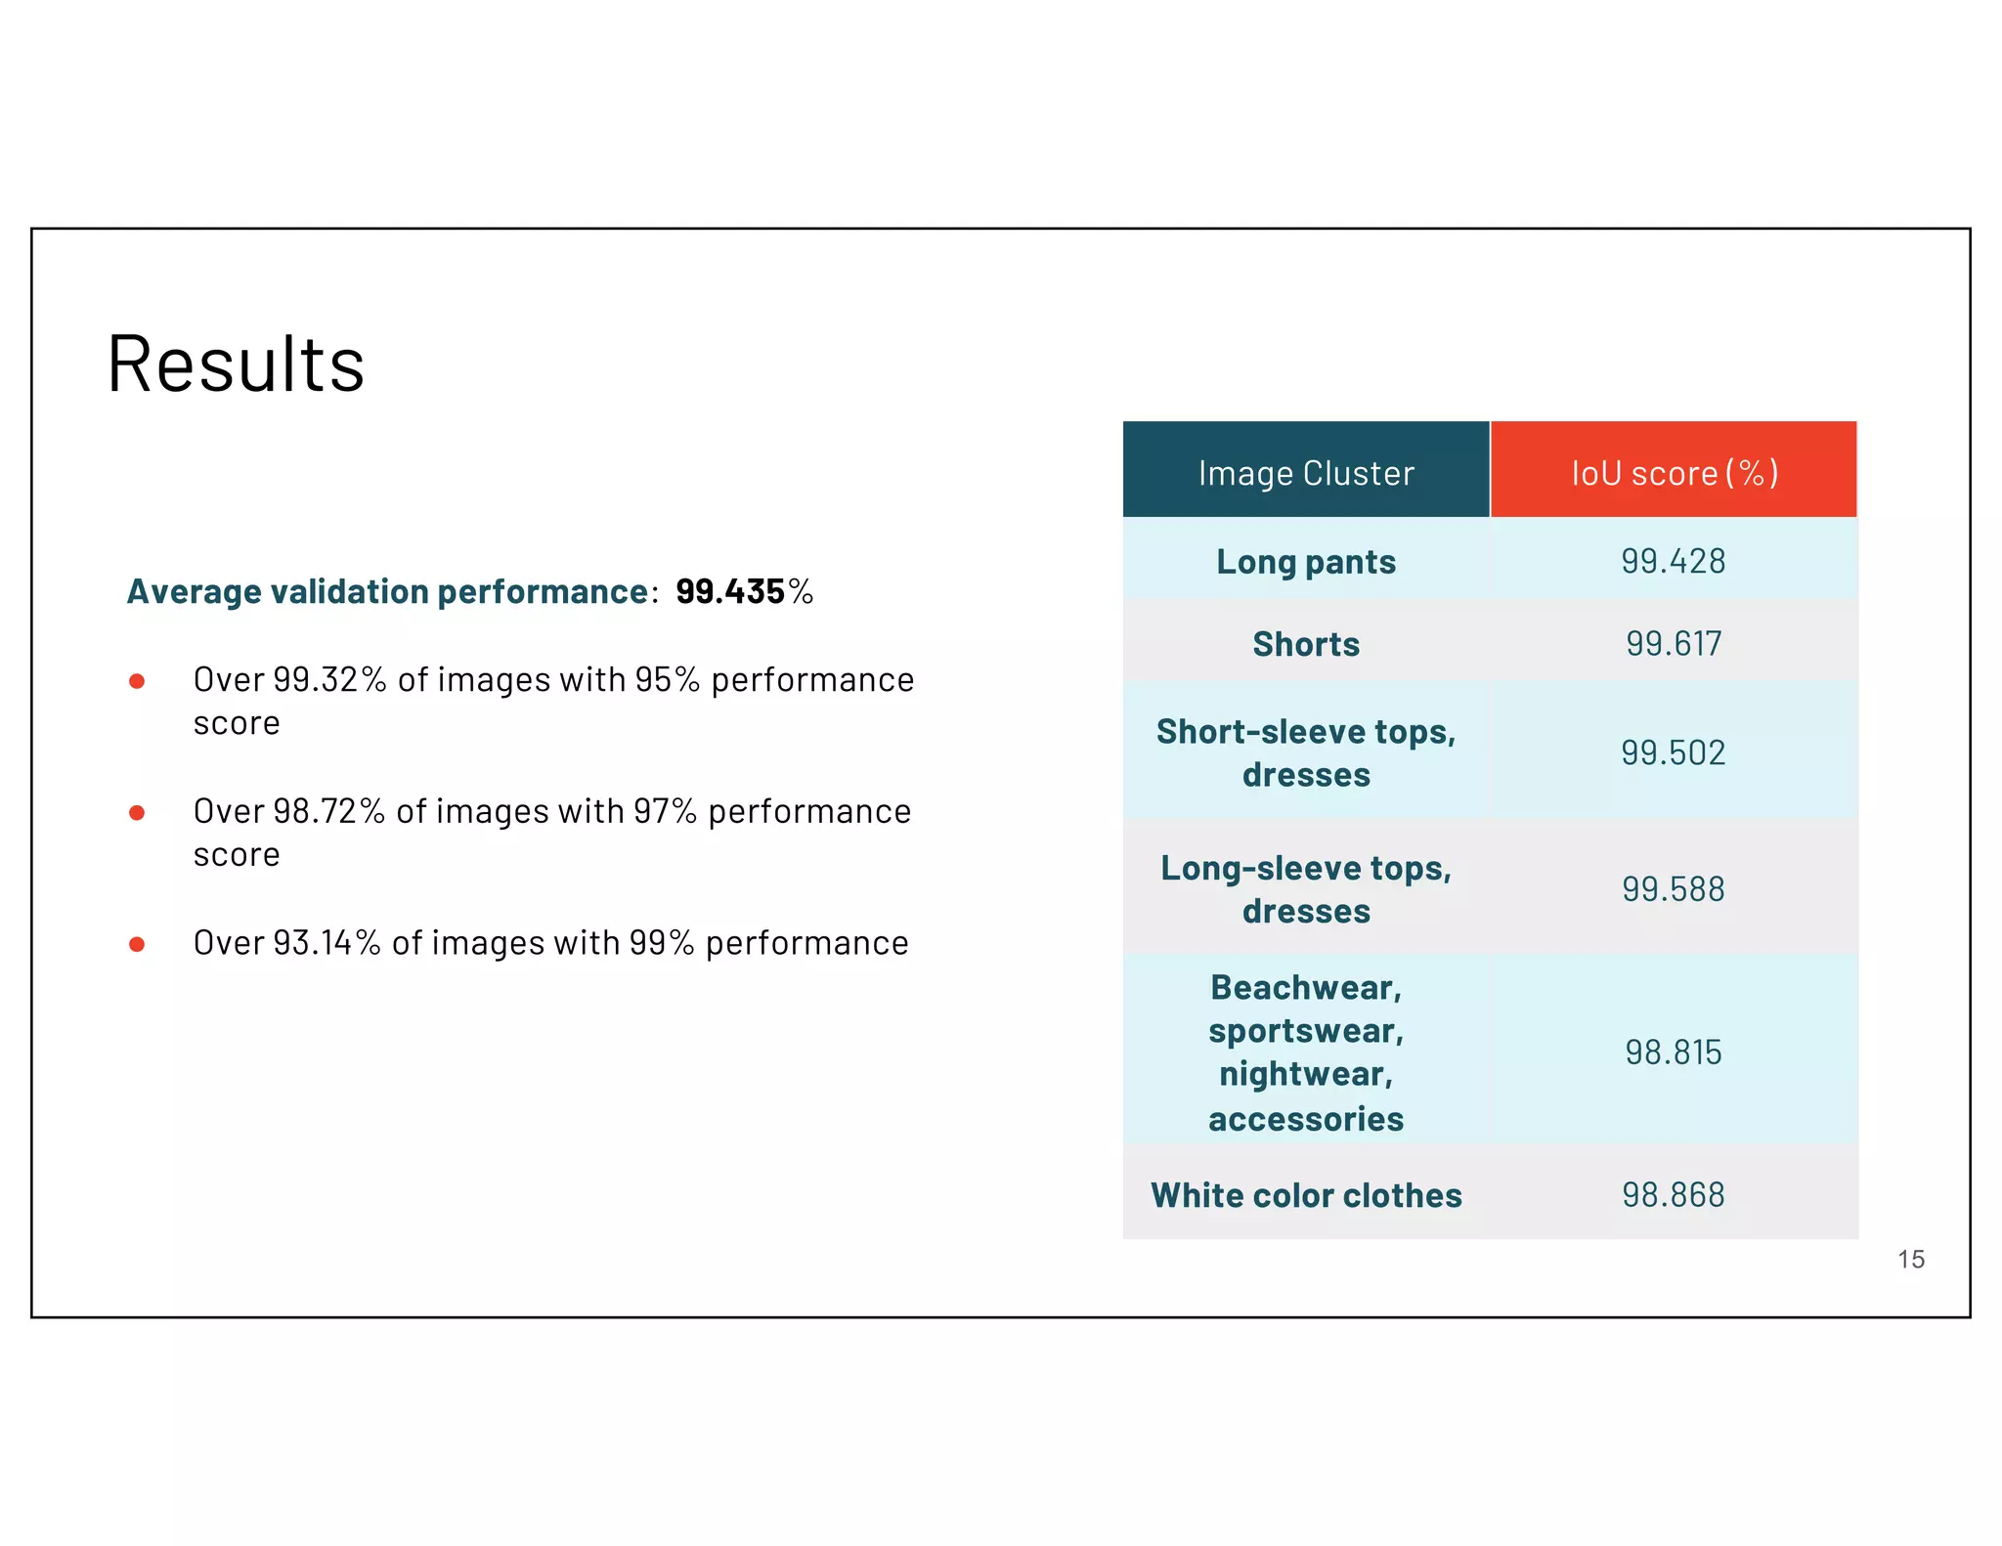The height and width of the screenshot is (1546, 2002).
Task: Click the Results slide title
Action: (x=236, y=365)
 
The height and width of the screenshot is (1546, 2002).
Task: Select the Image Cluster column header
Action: (x=1306, y=473)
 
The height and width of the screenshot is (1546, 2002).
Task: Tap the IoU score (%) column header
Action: (x=1674, y=473)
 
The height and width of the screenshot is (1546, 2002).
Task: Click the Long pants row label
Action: (x=1306, y=562)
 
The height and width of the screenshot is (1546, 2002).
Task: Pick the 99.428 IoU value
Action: (x=1674, y=561)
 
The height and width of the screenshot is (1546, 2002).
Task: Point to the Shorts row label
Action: (x=1306, y=644)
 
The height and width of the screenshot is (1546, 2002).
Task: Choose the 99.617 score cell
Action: (x=1674, y=643)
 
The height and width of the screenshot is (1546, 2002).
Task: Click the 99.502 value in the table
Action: (x=1674, y=752)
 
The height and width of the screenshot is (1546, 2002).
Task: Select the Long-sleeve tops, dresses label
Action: (x=1306, y=889)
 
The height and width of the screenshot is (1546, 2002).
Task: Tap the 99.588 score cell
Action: (x=1674, y=889)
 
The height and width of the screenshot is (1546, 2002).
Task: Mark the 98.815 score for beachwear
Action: (x=1674, y=1052)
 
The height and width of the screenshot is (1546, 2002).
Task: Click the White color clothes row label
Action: (x=1306, y=1195)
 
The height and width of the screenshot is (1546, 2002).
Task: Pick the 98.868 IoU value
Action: (x=1674, y=1194)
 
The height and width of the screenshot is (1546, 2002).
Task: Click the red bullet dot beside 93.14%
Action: (x=137, y=944)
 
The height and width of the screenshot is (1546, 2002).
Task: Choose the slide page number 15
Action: (x=1911, y=1260)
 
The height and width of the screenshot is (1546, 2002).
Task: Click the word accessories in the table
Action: (x=1306, y=1119)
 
